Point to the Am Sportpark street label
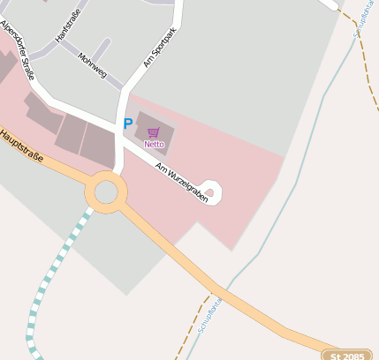pyautogui.click(x=159, y=47)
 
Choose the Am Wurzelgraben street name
pyautogui.click(x=181, y=183)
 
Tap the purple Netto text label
pyautogui.click(x=154, y=144)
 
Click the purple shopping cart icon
pyautogui.click(x=154, y=133)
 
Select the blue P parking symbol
pyautogui.click(x=128, y=125)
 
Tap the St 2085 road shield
pyautogui.click(x=346, y=355)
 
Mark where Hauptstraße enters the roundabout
pyautogui.click(x=87, y=179)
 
